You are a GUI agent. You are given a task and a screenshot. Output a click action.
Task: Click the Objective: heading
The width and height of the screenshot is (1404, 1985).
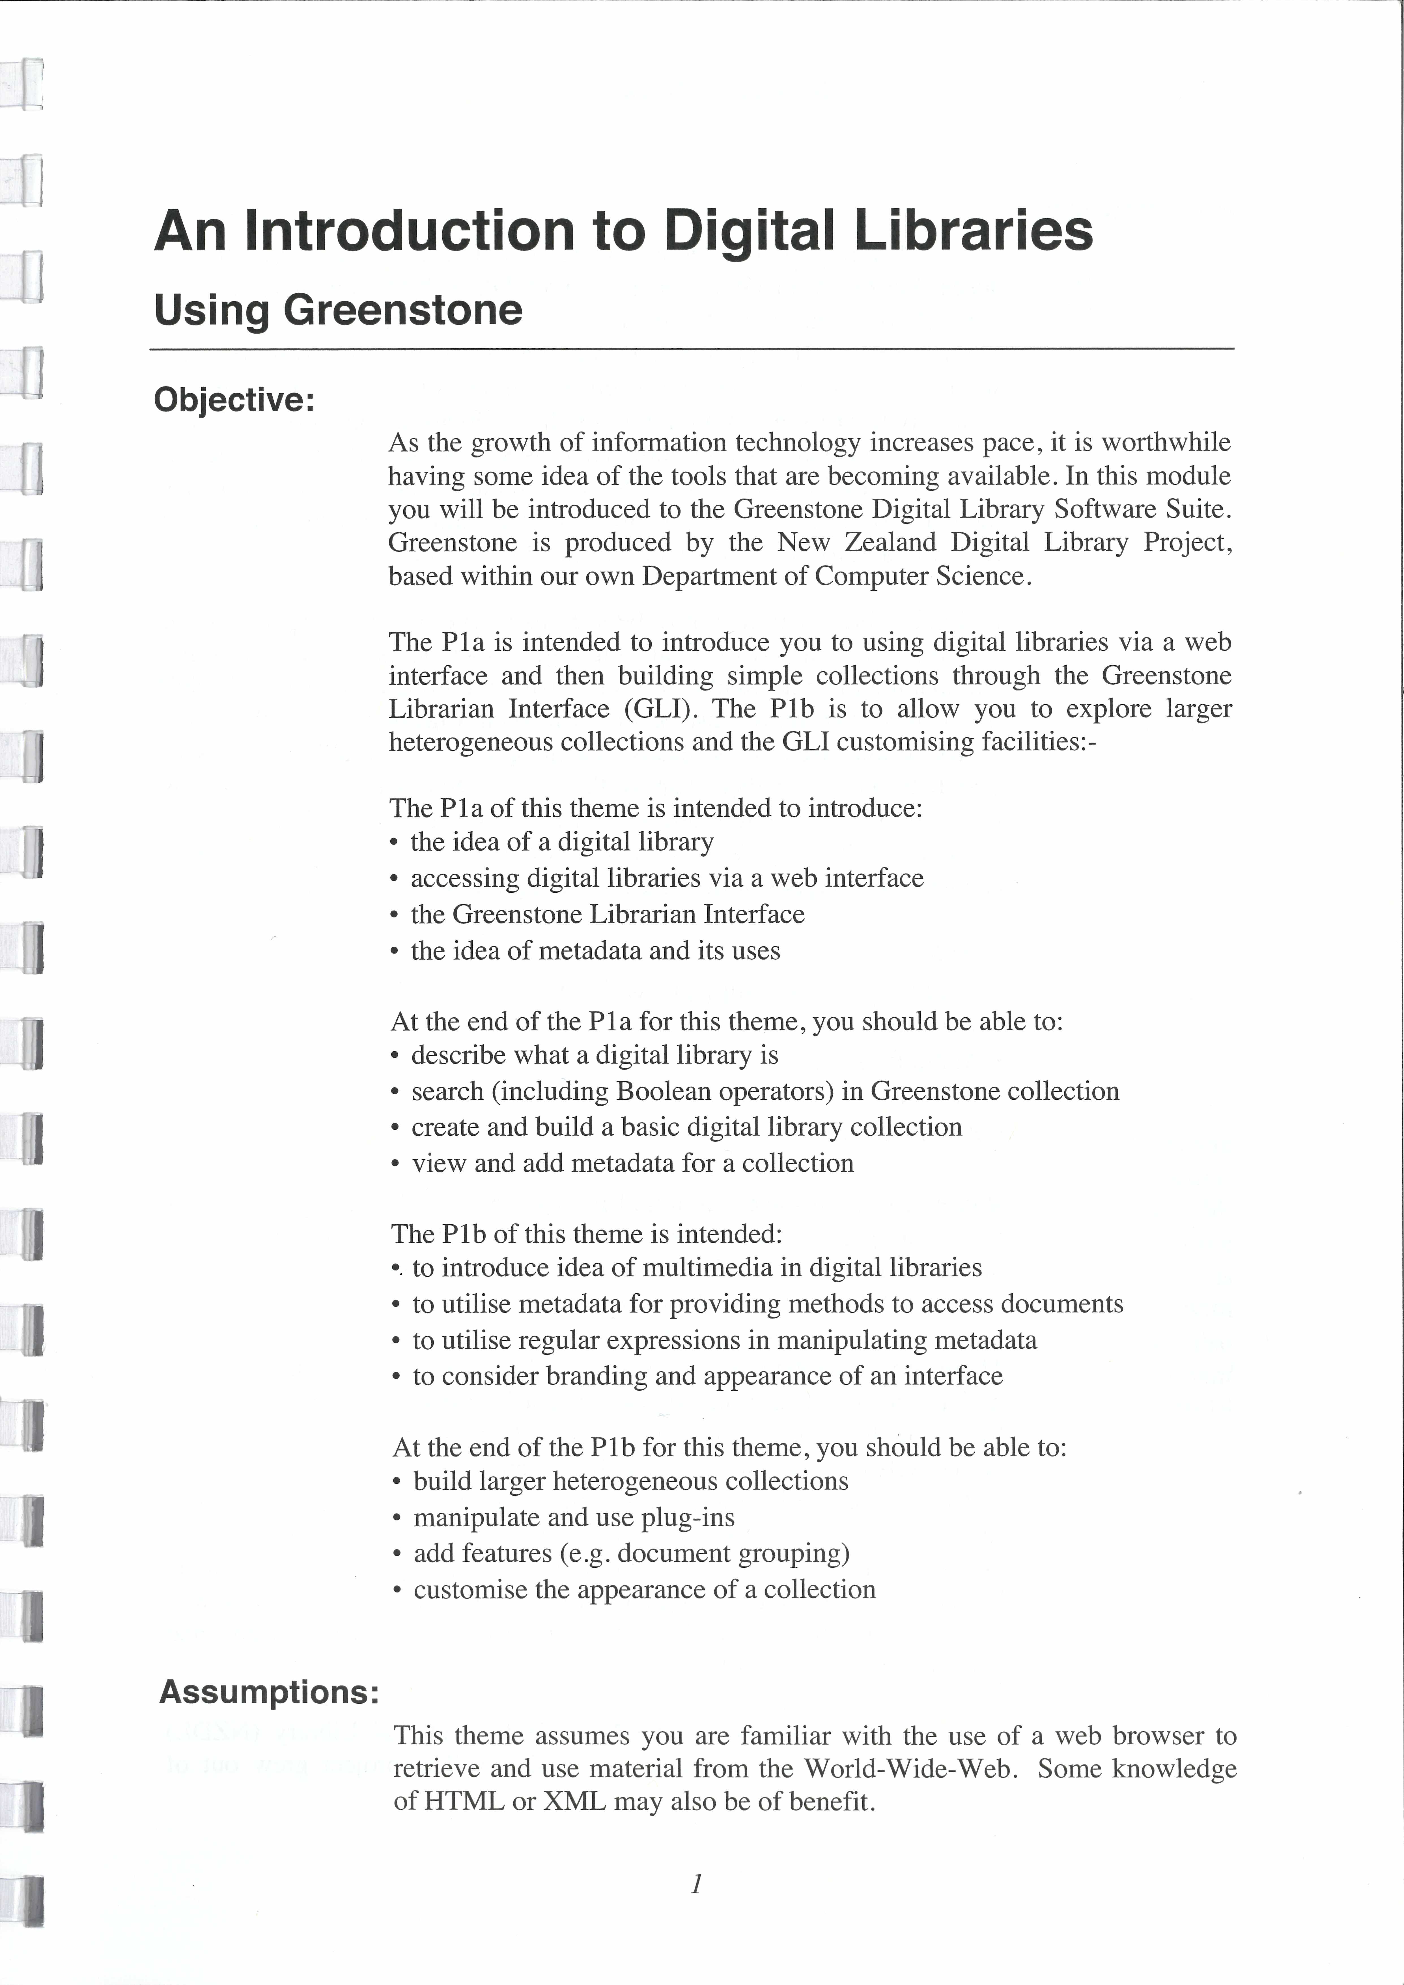coord(233,400)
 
